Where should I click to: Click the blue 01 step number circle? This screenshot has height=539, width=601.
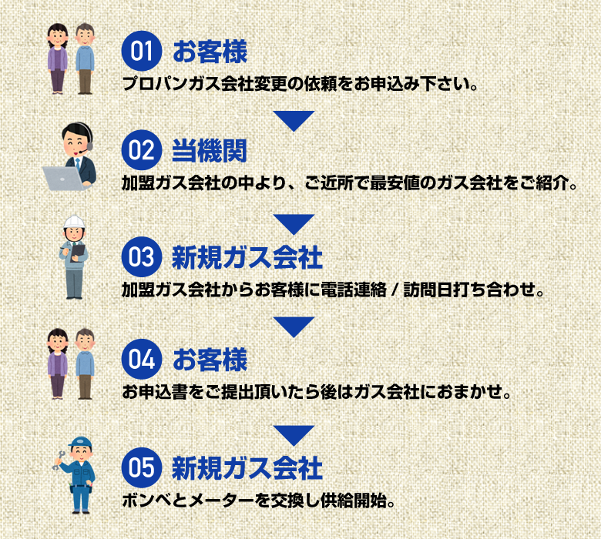pyautogui.click(x=142, y=53)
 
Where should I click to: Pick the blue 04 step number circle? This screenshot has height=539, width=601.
pyautogui.click(x=142, y=359)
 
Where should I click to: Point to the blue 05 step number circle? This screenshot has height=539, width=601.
pyautogui.click(x=142, y=467)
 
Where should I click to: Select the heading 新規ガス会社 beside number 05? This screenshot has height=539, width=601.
pyautogui.click(x=247, y=467)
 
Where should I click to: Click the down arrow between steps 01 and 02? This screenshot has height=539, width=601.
pyautogui.click(x=294, y=119)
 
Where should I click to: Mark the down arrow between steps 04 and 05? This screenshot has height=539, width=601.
pyautogui.click(x=294, y=434)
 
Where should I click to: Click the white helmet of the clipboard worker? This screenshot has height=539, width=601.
pyautogui.click(x=75, y=223)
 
